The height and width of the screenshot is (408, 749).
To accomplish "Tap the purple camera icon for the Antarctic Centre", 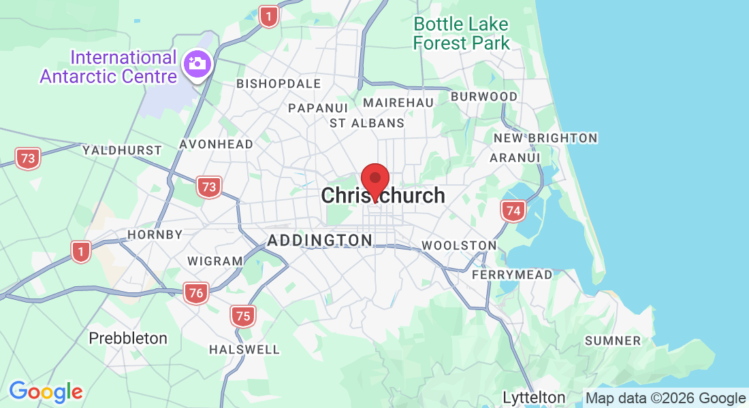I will [198, 65].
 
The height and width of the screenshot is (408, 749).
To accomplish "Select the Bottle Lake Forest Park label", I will [461, 33].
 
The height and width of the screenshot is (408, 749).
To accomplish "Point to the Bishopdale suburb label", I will [278, 84].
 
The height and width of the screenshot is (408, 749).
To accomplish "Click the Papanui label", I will [318, 108].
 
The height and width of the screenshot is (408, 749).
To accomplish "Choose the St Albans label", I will [367, 123].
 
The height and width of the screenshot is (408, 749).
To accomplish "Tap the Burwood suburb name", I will [484, 97].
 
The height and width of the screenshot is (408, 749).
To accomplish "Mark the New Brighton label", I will [545, 138].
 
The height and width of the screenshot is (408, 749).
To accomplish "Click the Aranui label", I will [515, 158].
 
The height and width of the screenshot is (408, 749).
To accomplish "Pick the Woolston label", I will [459, 245].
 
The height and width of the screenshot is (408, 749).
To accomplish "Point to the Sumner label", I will [613, 341].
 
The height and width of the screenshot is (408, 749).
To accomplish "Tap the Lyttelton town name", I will [534, 397].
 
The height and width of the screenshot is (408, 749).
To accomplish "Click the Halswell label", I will [244, 350].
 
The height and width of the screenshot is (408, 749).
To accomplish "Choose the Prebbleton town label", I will [128, 338].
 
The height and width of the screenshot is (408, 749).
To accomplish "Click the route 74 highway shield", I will [513, 211].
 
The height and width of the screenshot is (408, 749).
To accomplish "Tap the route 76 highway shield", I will [195, 293].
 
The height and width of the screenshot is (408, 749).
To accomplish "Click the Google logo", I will [46, 392].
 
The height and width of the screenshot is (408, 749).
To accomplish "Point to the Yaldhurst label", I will [122, 150].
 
